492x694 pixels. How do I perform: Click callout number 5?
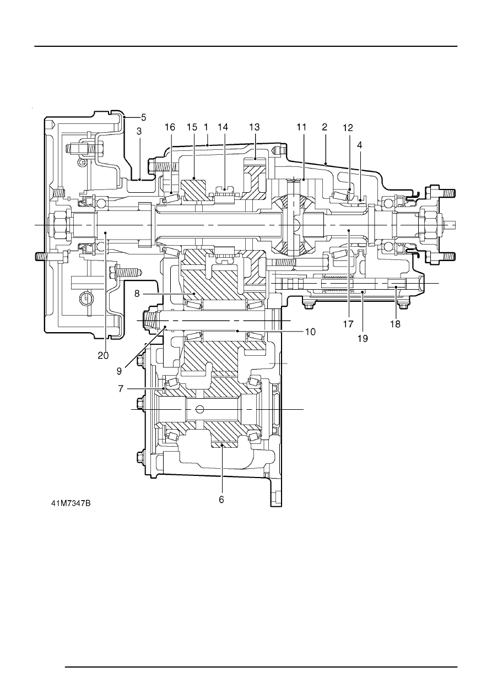(x=143, y=117)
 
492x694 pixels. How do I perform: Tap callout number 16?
(x=170, y=127)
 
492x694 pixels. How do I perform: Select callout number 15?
(x=192, y=127)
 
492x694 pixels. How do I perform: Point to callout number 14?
(x=223, y=127)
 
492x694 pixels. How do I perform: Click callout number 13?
(x=255, y=127)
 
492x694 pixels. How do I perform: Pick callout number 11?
(x=301, y=127)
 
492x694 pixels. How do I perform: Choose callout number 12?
(x=348, y=128)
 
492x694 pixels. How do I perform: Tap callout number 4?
(x=359, y=145)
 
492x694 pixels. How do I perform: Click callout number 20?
(x=103, y=356)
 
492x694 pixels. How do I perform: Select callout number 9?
(x=120, y=371)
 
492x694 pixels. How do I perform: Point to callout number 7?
(x=121, y=388)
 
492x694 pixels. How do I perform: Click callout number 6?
(x=221, y=500)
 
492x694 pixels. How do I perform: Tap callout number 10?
(x=310, y=332)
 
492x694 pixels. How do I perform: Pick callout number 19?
(x=363, y=339)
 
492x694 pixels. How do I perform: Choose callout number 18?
(x=396, y=324)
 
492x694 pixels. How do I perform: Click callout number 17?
(x=348, y=324)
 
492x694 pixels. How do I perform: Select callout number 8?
(x=137, y=293)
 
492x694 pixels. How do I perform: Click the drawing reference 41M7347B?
(x=71, y=503)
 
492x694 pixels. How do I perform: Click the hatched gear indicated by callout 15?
(x=193, y=190)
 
